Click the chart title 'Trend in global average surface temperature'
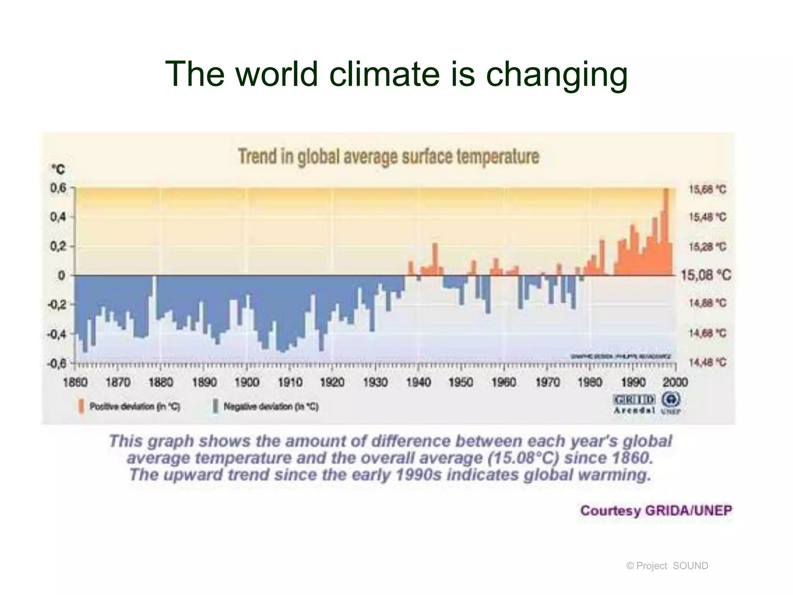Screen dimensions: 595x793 [388, 157]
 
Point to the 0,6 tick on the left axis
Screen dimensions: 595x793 [59, 189]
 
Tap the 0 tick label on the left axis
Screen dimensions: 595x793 [62, 276]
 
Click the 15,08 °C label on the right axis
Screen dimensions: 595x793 [706, 275]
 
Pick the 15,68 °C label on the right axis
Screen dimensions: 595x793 [707, 189]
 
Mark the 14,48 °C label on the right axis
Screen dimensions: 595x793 [707, 363]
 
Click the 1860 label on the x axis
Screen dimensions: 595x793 [75, 383]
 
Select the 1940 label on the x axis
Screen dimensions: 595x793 [419, 383]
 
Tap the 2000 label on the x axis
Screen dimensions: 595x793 [675, 383]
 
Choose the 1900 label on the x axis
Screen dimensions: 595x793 [247, 383]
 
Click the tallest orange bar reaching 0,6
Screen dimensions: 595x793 [666, 232]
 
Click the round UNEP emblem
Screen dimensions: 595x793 [671, 399]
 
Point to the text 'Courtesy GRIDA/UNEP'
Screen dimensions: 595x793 [656, 511]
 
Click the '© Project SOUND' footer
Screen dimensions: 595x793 [667, 566]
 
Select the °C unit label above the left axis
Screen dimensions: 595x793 [58, 170]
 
